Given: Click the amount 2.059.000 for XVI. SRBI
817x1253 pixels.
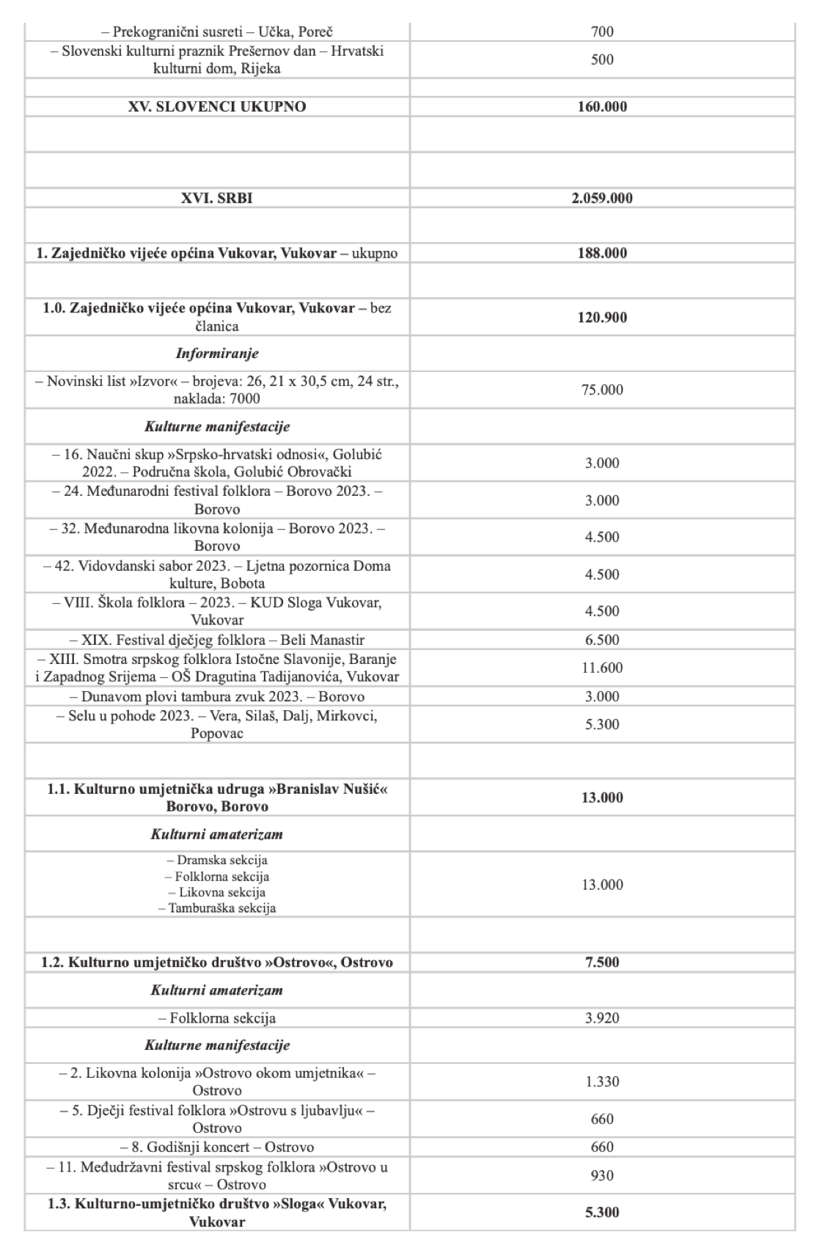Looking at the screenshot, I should pos(602,198).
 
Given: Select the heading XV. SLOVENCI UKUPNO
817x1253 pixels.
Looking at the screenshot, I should pos(217,106).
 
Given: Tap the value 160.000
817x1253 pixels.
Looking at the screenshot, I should pos(602,106).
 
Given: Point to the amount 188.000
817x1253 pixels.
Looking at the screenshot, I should pos(602,253).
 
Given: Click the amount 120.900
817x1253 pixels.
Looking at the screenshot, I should pos(602,318).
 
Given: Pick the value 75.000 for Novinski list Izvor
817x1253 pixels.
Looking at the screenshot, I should pos(602,390).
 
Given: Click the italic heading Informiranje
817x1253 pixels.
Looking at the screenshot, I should pos(217,354).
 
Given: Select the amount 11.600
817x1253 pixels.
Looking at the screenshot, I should pos(602,668).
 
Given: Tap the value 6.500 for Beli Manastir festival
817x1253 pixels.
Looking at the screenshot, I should pos(602,640).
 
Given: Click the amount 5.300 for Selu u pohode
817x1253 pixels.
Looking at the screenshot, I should pos(602,724).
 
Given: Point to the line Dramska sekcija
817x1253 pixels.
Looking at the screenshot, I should pos(217,860).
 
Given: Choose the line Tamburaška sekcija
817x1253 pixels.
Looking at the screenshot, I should pos(217,908).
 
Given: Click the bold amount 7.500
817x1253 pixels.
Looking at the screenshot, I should pos(602,962).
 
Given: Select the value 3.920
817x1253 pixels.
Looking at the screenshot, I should pos(602,1018).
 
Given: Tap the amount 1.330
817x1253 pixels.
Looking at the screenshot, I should pos(602,1081).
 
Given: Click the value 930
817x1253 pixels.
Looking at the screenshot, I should pos(602,1175).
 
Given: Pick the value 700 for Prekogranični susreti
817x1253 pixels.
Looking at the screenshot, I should pos(602,32).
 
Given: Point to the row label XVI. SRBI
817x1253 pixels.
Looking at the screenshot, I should pos(217,198).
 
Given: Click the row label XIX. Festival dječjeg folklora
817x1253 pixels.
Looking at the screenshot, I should pos(217,640).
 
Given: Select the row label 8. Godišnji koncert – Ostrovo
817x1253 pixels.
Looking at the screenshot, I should pos(217,1147).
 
